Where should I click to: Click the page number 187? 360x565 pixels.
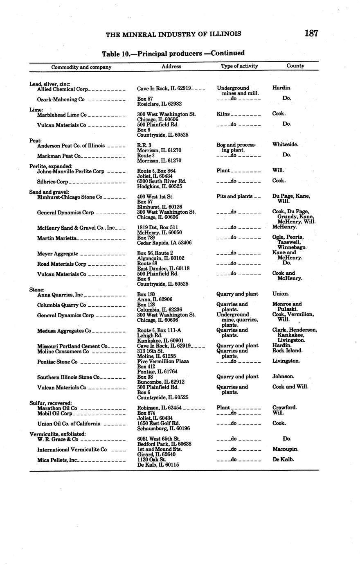click(311, 34)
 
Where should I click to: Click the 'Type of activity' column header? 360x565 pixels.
click(239, 66)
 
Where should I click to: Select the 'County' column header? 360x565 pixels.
click(295, 66)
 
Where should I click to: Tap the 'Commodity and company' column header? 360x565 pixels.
click(81, 67)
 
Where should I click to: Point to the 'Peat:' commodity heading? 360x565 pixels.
click(36, 140)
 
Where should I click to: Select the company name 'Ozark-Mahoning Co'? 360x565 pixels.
click(61, 99)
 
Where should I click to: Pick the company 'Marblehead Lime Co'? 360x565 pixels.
click(62, 115)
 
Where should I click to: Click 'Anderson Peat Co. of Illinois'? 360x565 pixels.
click(71, 146)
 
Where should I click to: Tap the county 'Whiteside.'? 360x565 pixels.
click(285, 145)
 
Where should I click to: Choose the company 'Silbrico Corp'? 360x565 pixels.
click(52, 182)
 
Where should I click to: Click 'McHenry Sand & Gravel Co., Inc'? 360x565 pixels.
click(76, 228)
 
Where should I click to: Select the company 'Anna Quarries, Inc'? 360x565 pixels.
click(60, 295)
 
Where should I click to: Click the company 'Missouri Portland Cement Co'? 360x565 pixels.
click(72, 346)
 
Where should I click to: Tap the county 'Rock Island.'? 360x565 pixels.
click(287, 351)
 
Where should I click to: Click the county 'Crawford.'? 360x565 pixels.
click(284, 408)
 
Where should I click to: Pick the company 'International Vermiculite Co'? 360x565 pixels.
click(72, 450)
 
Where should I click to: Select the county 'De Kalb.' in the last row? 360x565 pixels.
click(283, 459)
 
